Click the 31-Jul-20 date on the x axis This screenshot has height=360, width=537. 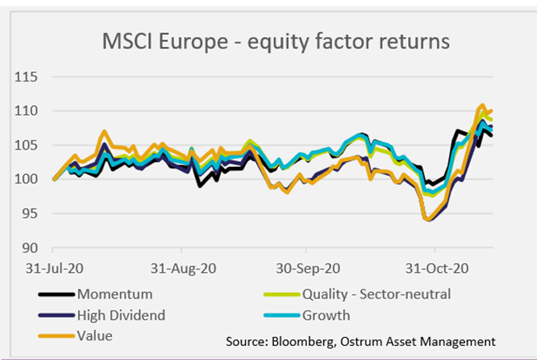click(53, 268)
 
